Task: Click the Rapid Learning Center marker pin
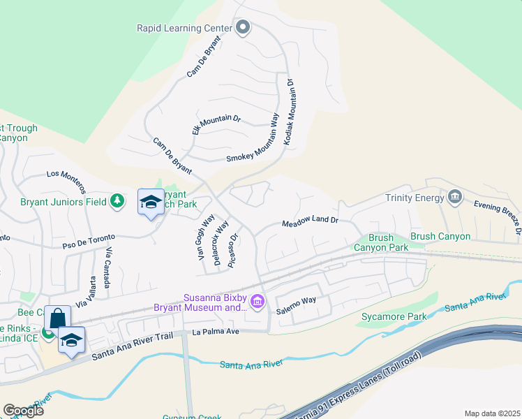coord(243,28)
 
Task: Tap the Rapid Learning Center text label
coord(184,28)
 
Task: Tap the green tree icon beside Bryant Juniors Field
coord(118,202)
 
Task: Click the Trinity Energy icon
coord(455,198)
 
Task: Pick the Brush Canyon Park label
coord(380,242)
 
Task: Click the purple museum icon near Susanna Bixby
coord(258,302)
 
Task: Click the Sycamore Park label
coord(394,317)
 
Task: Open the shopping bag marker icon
coord(57,318)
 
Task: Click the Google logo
coord(23,410)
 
